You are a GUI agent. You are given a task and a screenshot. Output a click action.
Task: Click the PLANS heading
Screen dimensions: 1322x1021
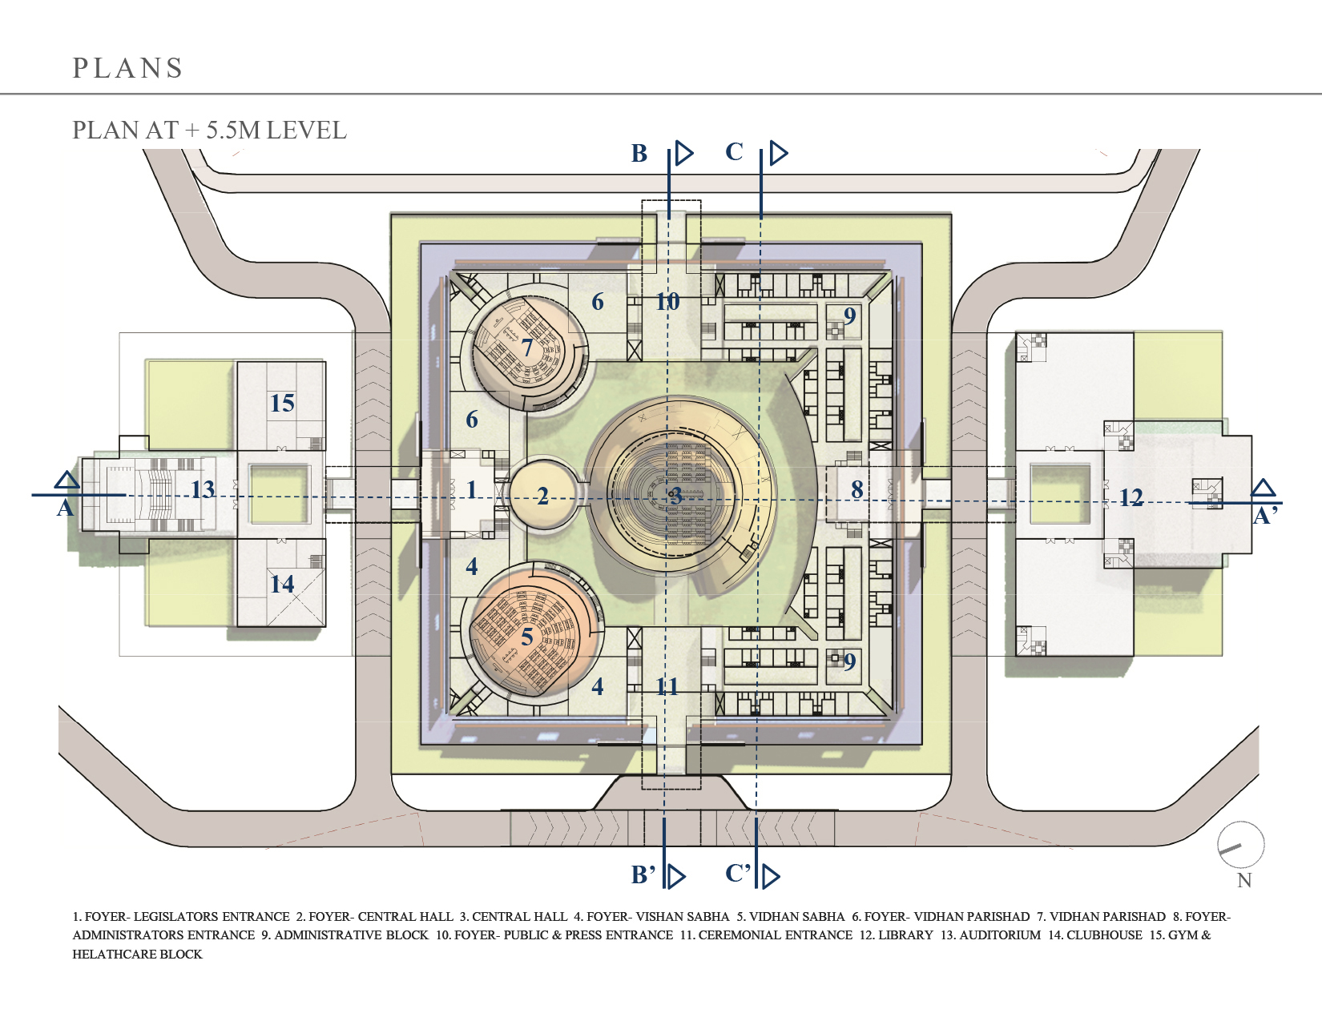(127, 68)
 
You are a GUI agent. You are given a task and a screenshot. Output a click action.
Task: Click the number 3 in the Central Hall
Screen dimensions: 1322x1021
(676, 496)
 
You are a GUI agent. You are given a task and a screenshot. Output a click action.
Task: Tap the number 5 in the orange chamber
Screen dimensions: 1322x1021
(527, 637)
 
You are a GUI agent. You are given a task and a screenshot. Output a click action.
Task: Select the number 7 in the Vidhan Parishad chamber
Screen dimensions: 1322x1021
(527, 348)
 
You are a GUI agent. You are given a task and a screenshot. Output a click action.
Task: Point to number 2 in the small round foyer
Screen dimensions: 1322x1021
(542, 496)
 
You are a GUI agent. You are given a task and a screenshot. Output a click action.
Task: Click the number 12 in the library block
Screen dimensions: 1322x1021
(1131, 498)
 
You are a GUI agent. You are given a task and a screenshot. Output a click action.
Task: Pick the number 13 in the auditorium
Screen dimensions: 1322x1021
(203, 489)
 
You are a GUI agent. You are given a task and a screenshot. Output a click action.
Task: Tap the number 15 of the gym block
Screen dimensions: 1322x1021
(282, 403)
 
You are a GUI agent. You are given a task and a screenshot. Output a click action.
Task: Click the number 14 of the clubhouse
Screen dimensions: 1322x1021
(282, 585)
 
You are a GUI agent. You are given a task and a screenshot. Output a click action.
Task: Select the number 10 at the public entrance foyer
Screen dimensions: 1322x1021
(667, 302)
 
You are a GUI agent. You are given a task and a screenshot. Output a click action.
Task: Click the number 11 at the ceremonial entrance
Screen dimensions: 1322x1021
(667, 686)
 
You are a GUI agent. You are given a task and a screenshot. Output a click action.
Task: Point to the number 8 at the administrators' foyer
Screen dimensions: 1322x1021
(856, 489)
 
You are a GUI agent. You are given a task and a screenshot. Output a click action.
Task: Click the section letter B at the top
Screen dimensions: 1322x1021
(639, 153)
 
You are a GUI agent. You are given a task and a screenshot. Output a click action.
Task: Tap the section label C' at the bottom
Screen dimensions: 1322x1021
(738, 874)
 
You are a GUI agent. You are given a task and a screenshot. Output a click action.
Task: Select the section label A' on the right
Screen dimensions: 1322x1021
(1265, 517)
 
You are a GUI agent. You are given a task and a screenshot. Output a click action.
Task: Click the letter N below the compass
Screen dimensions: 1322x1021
(1244, 881)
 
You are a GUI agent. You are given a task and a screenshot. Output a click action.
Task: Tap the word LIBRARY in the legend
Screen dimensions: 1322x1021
(905, 935)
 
